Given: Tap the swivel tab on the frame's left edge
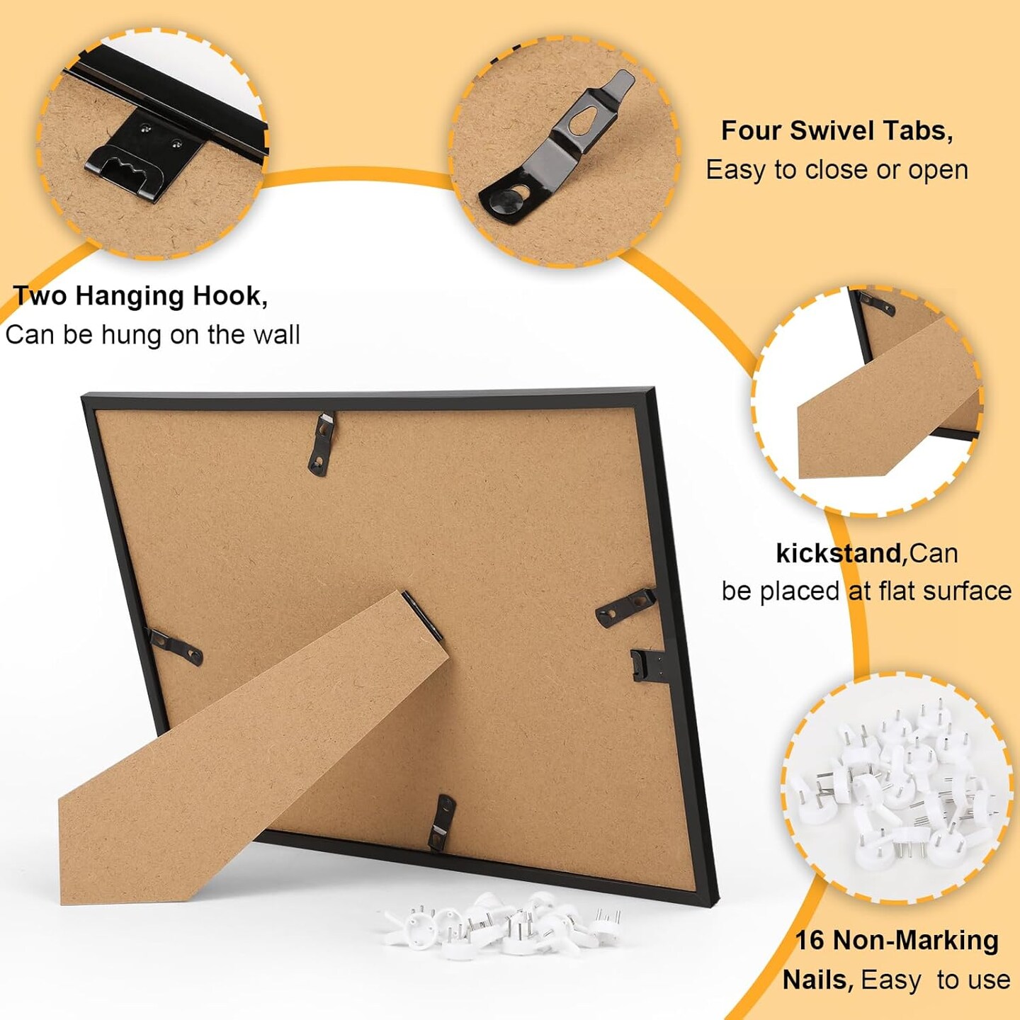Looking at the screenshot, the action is pyautogui.click(x=175, y=646).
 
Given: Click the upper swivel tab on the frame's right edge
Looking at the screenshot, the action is pyautogui.click(x=625, y=605).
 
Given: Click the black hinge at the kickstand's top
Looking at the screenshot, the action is pyautogui.click(x=422, y=615).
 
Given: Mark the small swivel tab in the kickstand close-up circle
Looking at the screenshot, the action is pyautogui.click(x=877, y=303).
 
